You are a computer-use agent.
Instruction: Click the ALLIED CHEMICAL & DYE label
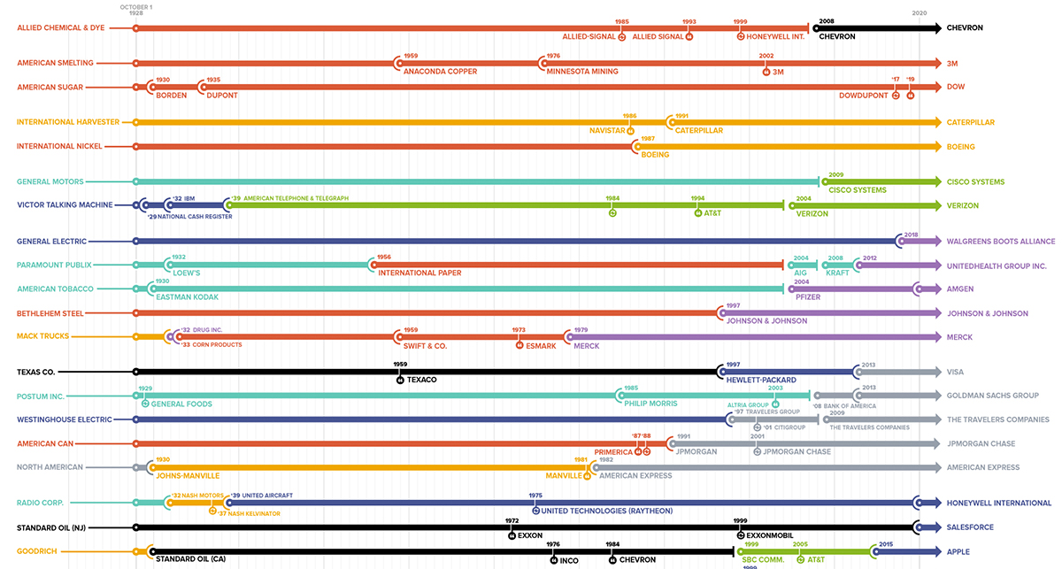[60, 28]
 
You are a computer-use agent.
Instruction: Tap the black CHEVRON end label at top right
[965, 28]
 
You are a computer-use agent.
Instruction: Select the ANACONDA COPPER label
[440, 72]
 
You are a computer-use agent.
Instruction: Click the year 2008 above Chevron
[827, 20]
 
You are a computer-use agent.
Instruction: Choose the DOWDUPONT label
[863, 96]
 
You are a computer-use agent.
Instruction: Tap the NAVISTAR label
[607, 131]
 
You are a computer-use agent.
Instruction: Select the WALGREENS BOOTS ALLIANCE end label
[1001, 241]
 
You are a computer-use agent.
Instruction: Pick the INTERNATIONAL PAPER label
[419, 273]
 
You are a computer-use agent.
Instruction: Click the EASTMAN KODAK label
[186, 297]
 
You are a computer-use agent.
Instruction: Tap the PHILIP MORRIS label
[650, 404]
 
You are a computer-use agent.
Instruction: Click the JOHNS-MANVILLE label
[187, 476]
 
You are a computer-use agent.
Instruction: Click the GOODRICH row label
[37, 551]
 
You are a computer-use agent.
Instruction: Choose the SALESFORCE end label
[972, 527]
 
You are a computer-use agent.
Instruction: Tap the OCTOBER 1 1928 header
[135, 11]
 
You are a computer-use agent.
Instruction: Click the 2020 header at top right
[920, 12]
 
